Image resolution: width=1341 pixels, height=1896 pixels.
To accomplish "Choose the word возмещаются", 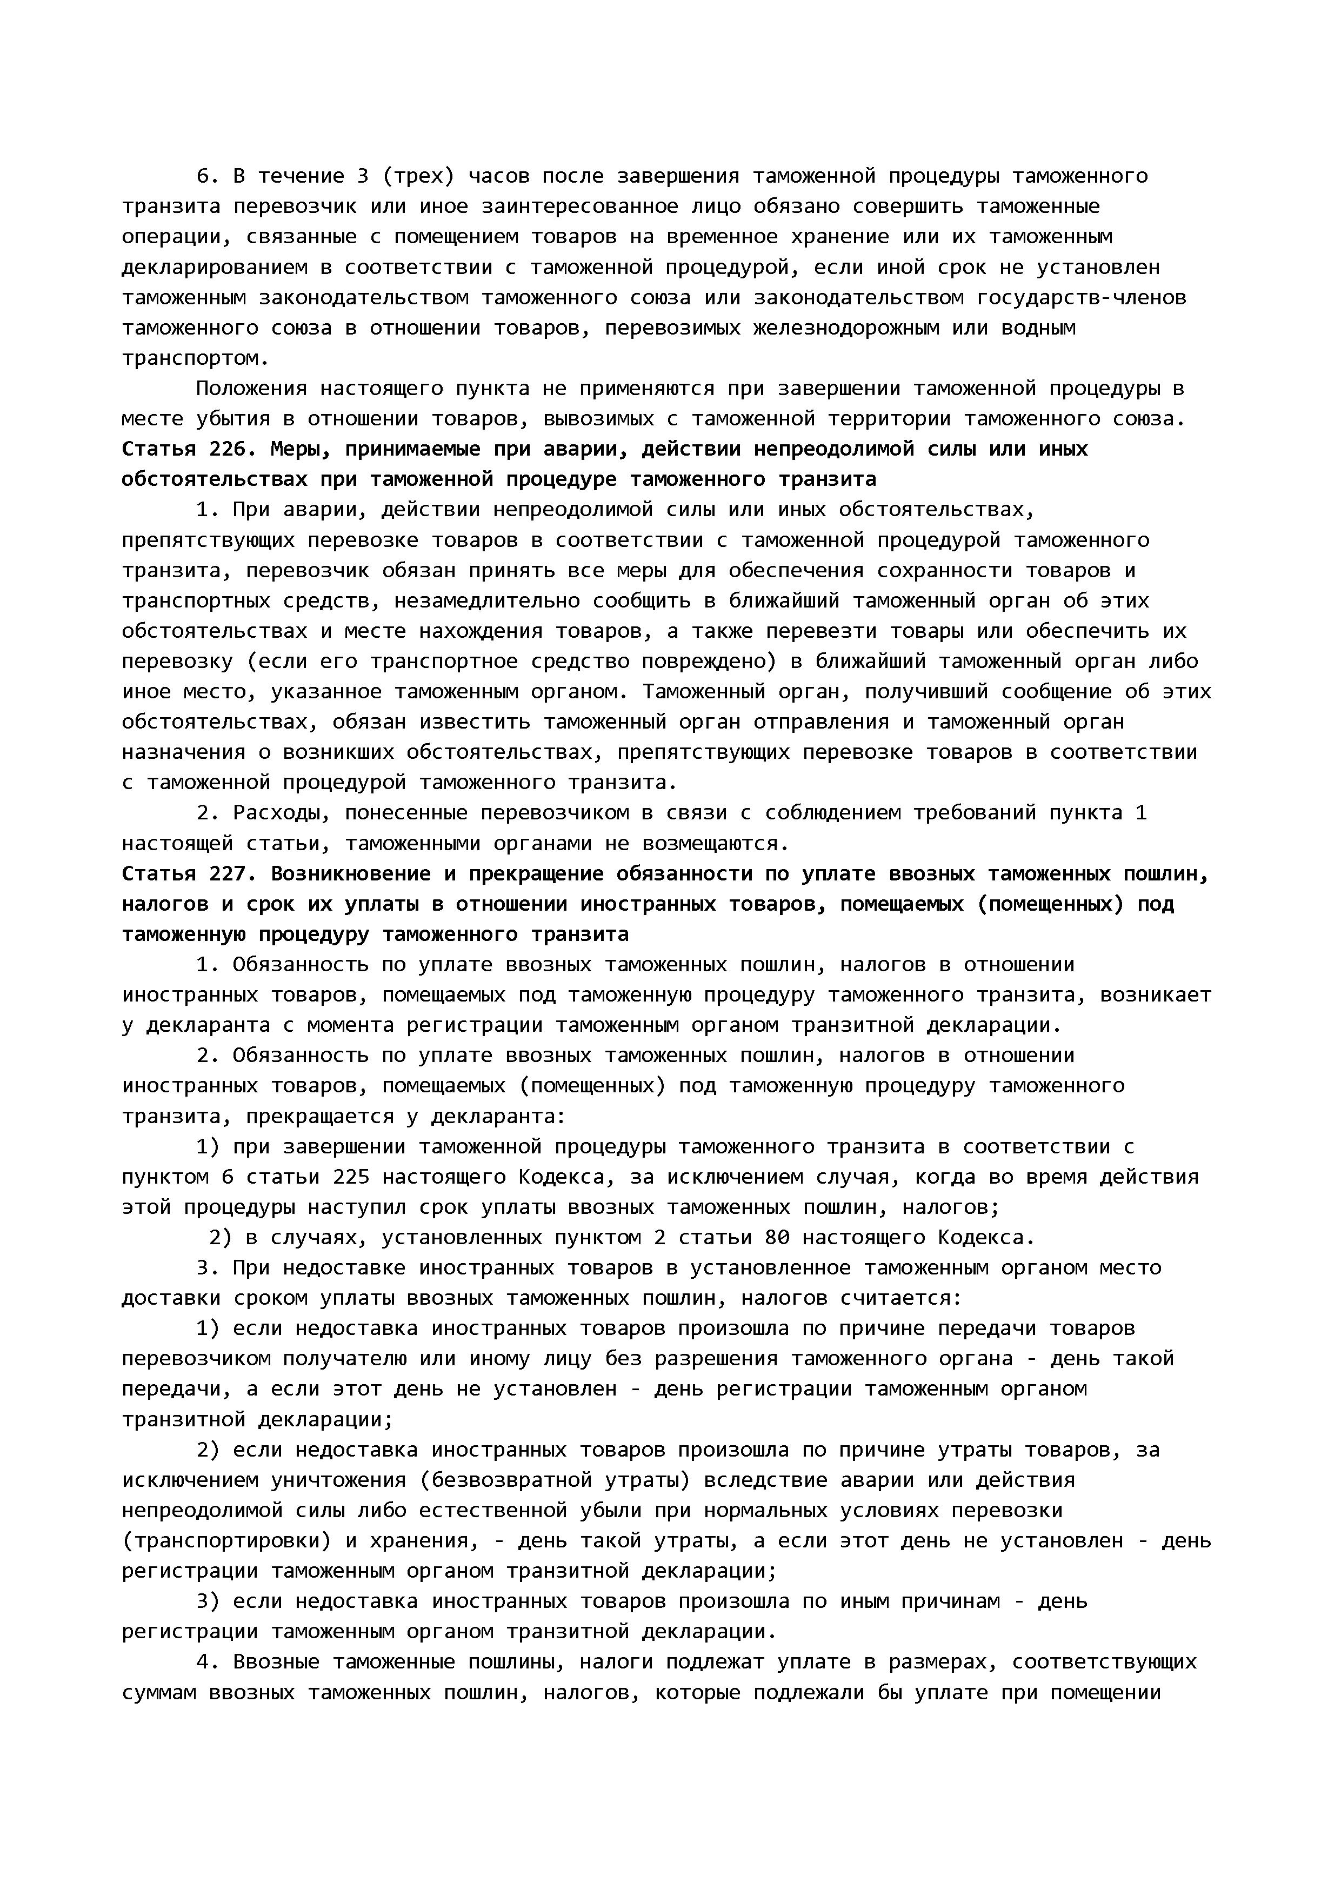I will click(x=709, y=843).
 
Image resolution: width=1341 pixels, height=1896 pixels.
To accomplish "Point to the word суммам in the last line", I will click(x=158, y=1692).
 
